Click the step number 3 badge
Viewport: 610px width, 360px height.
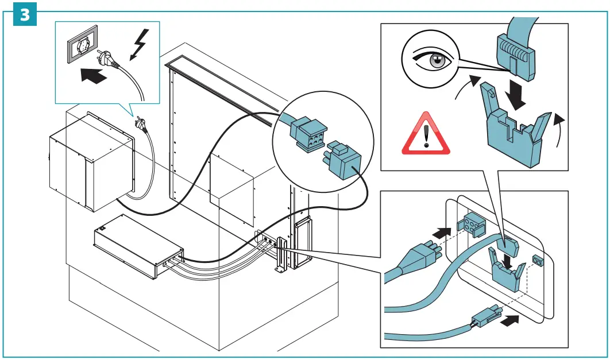pos(25,14)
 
